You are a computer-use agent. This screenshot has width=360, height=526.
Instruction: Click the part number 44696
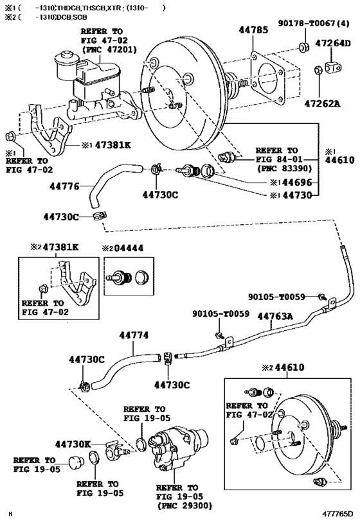296,182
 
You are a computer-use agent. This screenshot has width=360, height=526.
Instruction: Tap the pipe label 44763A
274,315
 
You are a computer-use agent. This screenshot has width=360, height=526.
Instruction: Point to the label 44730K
73,444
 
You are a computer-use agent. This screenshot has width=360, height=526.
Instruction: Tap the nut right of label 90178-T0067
301,47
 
